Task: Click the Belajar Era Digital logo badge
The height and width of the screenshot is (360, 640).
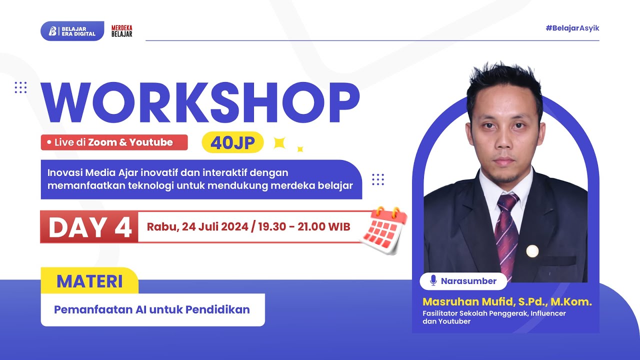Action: (72, 31)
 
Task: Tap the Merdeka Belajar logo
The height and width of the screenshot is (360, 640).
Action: (121, 31)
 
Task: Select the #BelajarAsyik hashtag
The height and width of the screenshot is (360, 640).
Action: (572, 28)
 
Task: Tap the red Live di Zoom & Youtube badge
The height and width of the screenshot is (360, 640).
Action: (114, 142)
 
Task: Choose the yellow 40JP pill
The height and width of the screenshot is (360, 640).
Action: (232, 142)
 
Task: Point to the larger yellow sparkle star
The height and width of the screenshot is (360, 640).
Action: (279, 143)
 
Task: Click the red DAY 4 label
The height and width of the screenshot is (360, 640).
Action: (89, 227)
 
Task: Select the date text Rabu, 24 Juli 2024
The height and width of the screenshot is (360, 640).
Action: (197, 227)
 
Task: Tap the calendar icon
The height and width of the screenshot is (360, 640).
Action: (384, 230)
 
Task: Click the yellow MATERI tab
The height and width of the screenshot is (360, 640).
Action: (89, 281)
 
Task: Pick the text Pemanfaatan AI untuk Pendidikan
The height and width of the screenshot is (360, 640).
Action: (152, 309)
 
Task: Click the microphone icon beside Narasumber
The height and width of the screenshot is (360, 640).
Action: (433, 281)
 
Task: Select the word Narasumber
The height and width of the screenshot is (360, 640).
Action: (468, 281)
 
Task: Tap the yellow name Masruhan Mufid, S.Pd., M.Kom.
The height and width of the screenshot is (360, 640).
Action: (507, 302)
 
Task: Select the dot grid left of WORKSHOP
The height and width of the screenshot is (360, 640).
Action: (20, 87)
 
